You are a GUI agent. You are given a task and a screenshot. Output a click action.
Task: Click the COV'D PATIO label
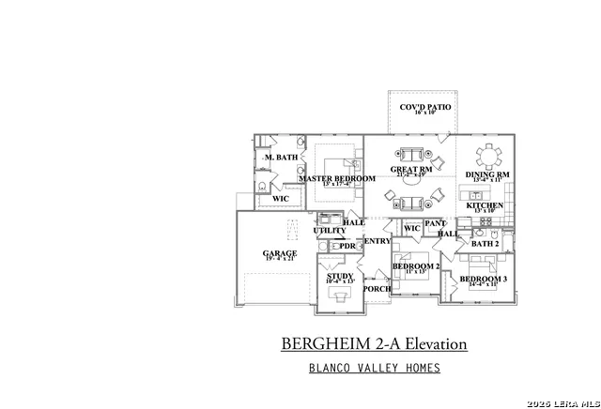pyautogui.click(x=424, y=108)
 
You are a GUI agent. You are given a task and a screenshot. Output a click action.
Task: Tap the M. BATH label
pyautogui.click(x=281, y=157)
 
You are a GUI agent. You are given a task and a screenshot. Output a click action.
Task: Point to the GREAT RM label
pyautogui.click(x=410, y=170)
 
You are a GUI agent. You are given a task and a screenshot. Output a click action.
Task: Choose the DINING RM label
pyautogui.click(x=487, y=174)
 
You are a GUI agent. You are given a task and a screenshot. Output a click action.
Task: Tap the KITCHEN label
pyautogui.click(x=485, y=204)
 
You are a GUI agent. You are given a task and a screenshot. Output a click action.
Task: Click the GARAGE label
pyautogui.click(x=280, y=253)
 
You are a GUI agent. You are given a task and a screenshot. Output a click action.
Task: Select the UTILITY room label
pyautogui.click(x=329, y=230)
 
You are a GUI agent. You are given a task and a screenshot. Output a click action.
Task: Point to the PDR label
pyautogui.click(x=347, y=246)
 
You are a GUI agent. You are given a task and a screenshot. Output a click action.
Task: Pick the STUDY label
pyautogui.click(x=340, y=276)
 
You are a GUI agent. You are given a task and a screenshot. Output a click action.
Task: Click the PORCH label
pyautogui.click(x=377, y=289)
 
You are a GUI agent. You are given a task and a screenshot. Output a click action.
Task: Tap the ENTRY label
pyautogui.click(x=377, y=241)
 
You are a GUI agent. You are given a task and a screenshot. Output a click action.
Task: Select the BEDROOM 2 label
pyautogui.click(x=416, y=266)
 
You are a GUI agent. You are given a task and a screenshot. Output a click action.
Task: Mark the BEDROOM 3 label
pyautogui.click(x=485, y=279)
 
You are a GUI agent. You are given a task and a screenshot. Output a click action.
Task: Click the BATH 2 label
pyautogui.click(x=485, y=244)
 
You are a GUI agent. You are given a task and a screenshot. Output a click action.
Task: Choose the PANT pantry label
pyautogui.click(x=435, y=223)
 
